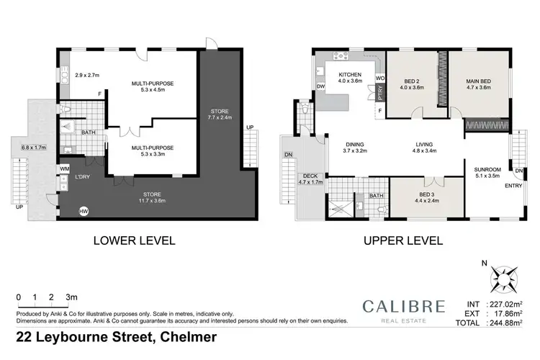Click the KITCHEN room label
(350, 75)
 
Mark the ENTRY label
(494, 186)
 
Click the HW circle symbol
(84, 212)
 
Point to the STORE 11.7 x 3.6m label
(151, 194)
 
